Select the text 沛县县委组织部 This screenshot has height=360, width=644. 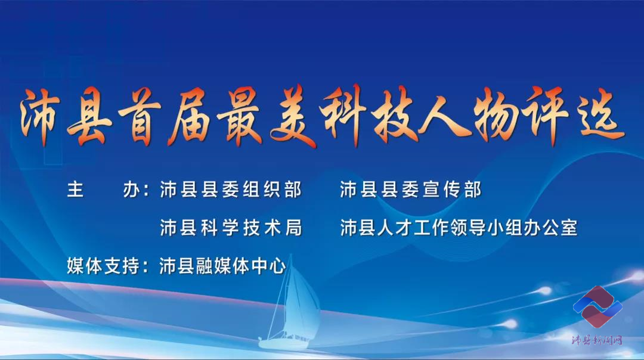231,190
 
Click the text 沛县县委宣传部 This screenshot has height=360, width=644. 410,190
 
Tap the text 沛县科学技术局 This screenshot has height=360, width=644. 231,228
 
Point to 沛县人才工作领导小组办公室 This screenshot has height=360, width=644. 459,228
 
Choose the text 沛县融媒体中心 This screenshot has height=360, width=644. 222,266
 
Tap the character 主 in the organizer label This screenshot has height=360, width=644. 76,190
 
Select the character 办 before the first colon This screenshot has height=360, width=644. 131,190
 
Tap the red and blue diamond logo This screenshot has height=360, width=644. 597,306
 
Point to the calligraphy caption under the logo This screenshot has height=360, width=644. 597,340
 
